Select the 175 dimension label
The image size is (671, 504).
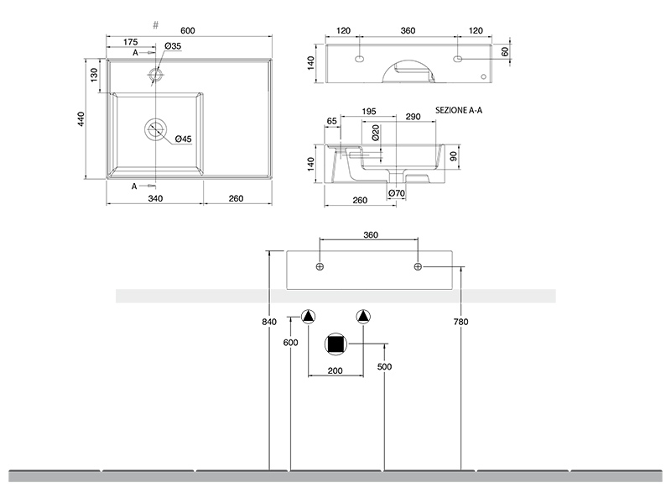point(130,42)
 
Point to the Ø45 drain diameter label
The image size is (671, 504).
point(184,139)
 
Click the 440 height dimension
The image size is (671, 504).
point(81,119)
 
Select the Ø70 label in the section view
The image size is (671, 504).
point(397,194)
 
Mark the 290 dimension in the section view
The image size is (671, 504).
point(413,115)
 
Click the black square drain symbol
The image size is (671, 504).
point(335,344)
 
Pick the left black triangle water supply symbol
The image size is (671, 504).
point(309,317)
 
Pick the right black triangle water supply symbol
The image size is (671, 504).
point(362,317)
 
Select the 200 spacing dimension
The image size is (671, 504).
point(335,370)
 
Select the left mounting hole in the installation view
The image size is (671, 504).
point(320,266)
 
